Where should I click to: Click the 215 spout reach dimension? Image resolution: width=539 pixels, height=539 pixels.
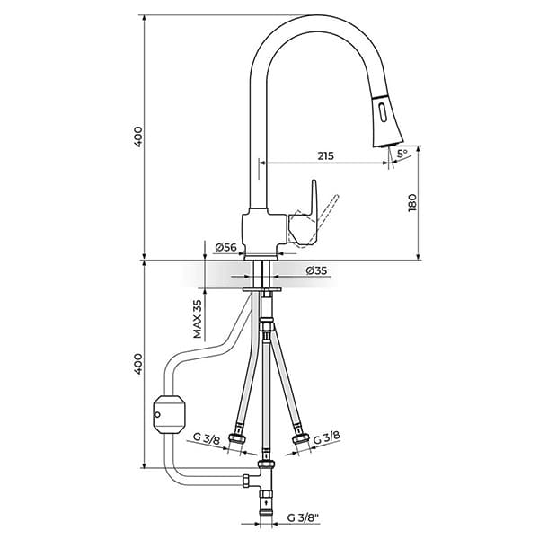tap(325, 155)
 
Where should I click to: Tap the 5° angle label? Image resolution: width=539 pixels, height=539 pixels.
tap(402, 155)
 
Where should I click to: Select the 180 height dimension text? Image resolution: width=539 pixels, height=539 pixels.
tap(412, 203)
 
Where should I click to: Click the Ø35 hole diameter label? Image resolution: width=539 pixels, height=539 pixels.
tap(315, 270)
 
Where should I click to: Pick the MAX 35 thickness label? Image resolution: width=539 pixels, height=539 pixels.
tap(197, 318)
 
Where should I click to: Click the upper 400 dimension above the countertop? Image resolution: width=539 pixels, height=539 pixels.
tap(137, 137)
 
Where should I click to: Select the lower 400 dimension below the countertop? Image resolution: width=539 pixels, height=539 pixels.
tap(137, 364)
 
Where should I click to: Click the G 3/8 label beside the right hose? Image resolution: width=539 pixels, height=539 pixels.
tap(328, 436)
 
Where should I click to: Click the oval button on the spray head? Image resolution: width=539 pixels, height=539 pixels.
tap(384, 113)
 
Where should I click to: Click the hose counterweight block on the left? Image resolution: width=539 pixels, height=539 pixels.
tap(168, 415)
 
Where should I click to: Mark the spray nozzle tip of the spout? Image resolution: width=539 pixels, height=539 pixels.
tap(392, 139)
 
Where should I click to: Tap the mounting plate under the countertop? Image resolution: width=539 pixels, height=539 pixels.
tap(263, 289)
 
